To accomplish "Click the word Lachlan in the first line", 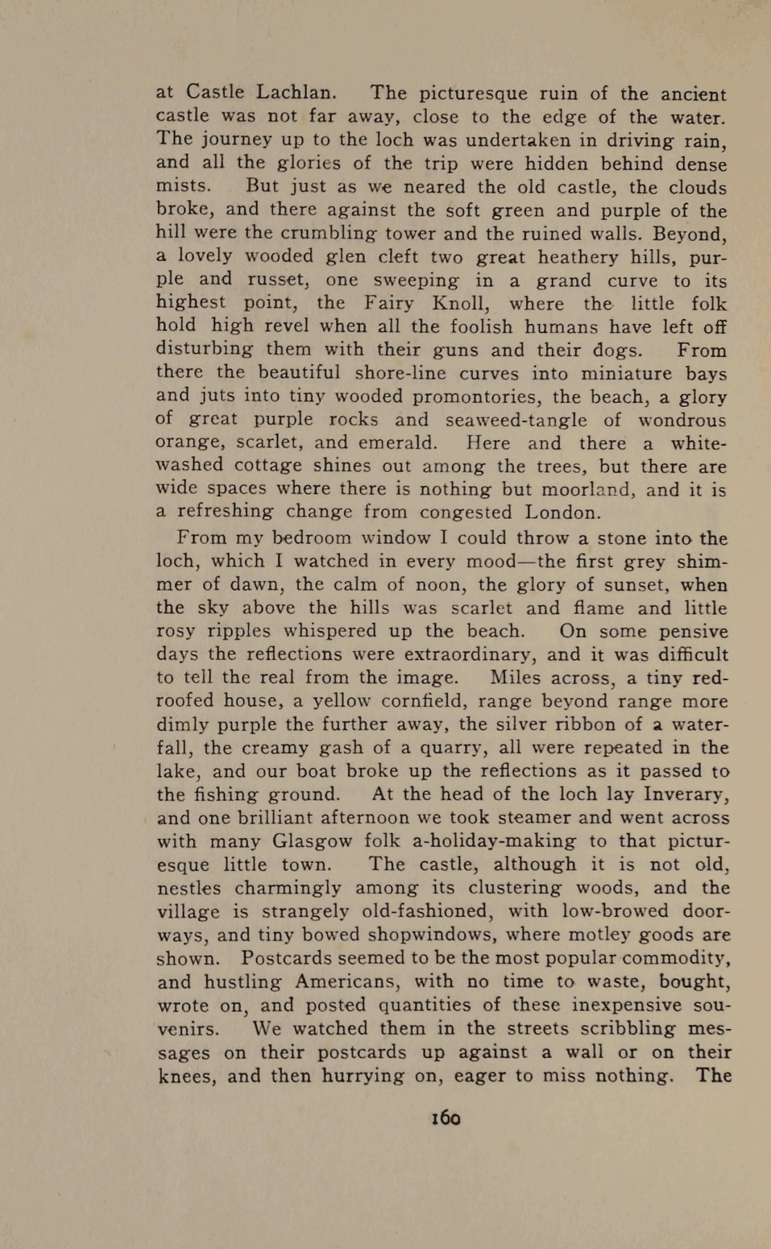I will point(296,92).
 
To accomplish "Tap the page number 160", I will point(446,1118).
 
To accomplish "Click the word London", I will point(562,513).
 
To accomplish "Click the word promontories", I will point(454,397).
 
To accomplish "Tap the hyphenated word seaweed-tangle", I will point(516,421).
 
